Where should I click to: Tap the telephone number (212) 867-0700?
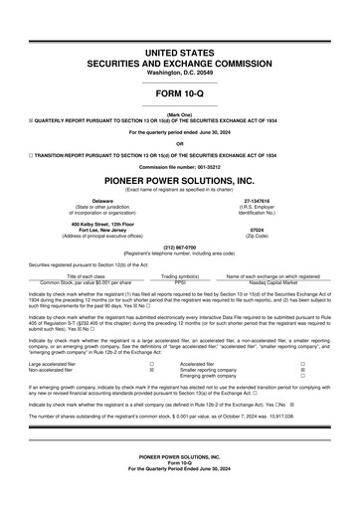coord(179,246)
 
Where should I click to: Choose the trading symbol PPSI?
coord(180,281)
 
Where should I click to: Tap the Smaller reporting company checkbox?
coord(302,370)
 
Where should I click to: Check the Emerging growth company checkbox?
coord(302,376)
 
